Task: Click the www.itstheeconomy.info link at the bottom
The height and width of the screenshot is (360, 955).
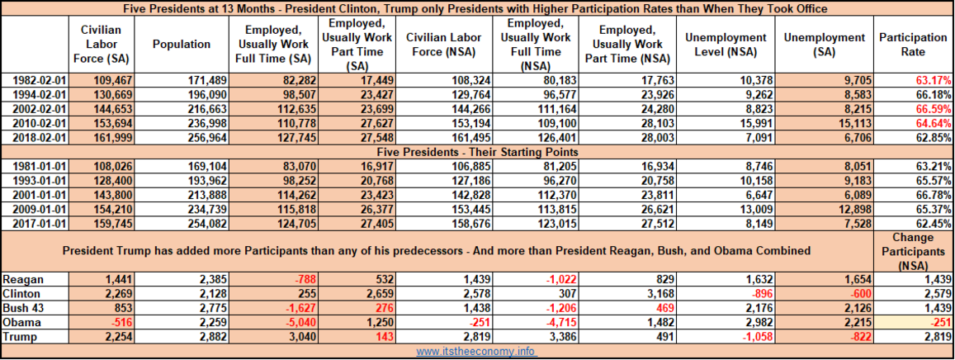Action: pos(477,352)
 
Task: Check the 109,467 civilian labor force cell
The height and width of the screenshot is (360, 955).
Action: pos(113,80)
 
